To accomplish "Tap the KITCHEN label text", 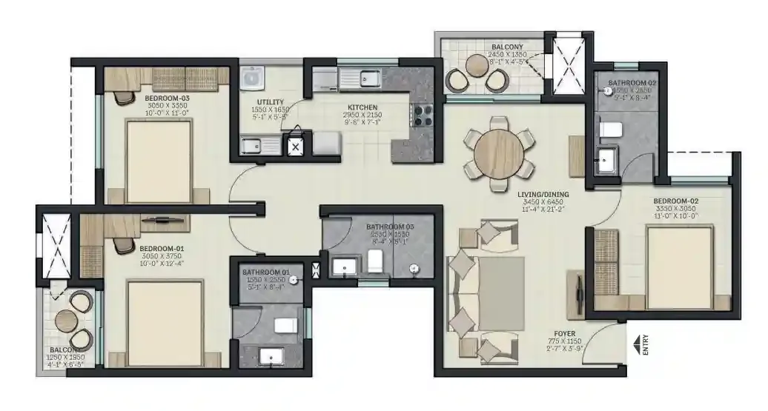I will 360,107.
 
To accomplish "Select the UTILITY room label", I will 268,102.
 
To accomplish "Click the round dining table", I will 494,154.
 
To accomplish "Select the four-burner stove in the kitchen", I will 423,116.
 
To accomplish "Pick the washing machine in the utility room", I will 253,78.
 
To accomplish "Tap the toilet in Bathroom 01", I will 285,325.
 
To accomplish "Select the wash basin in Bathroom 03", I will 344,265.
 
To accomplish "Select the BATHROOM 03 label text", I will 390,227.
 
